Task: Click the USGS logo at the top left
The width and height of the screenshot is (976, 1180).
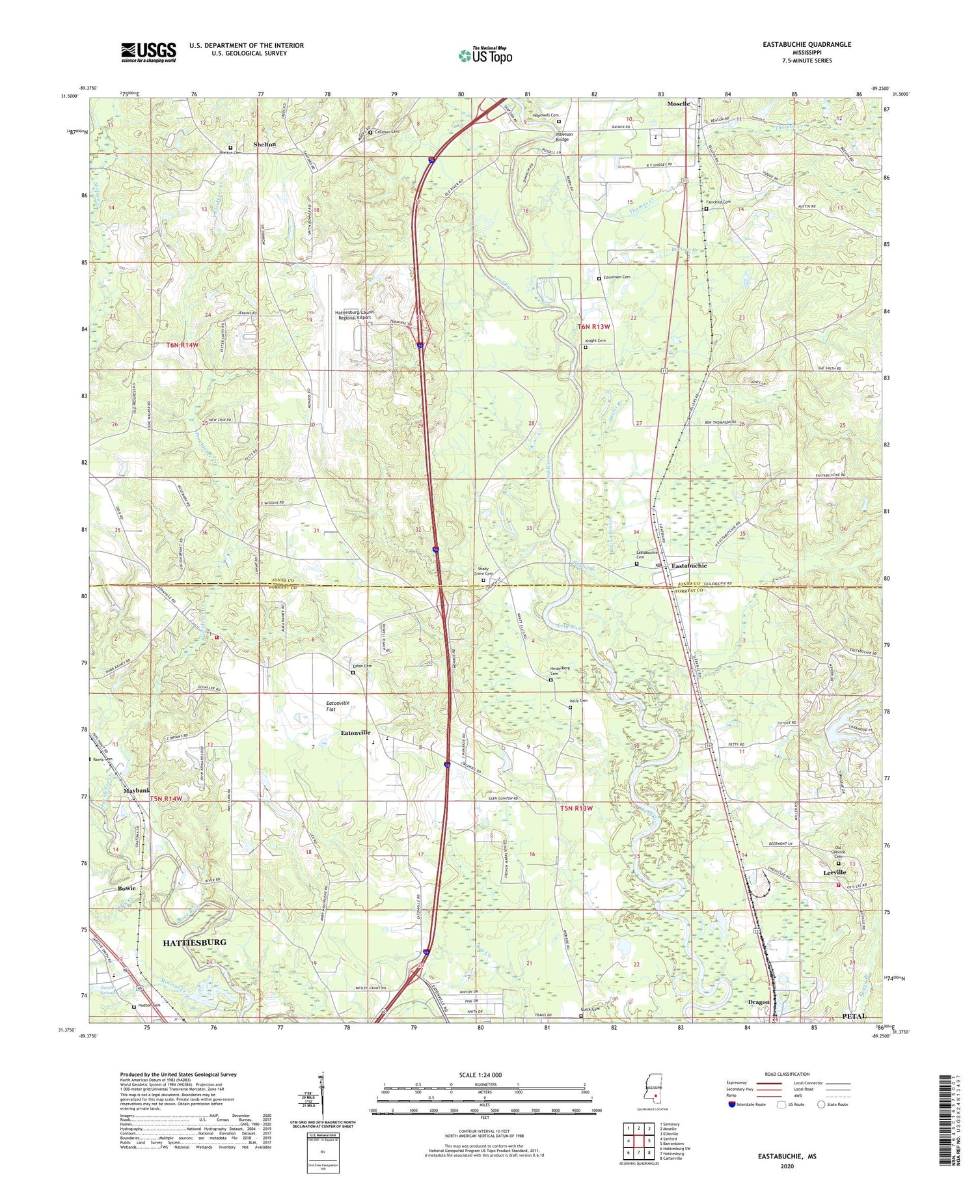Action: coord(148,52)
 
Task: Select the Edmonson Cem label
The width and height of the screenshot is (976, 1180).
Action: coord(617,277)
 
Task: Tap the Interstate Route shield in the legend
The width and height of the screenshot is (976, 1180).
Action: coord(733,1105)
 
